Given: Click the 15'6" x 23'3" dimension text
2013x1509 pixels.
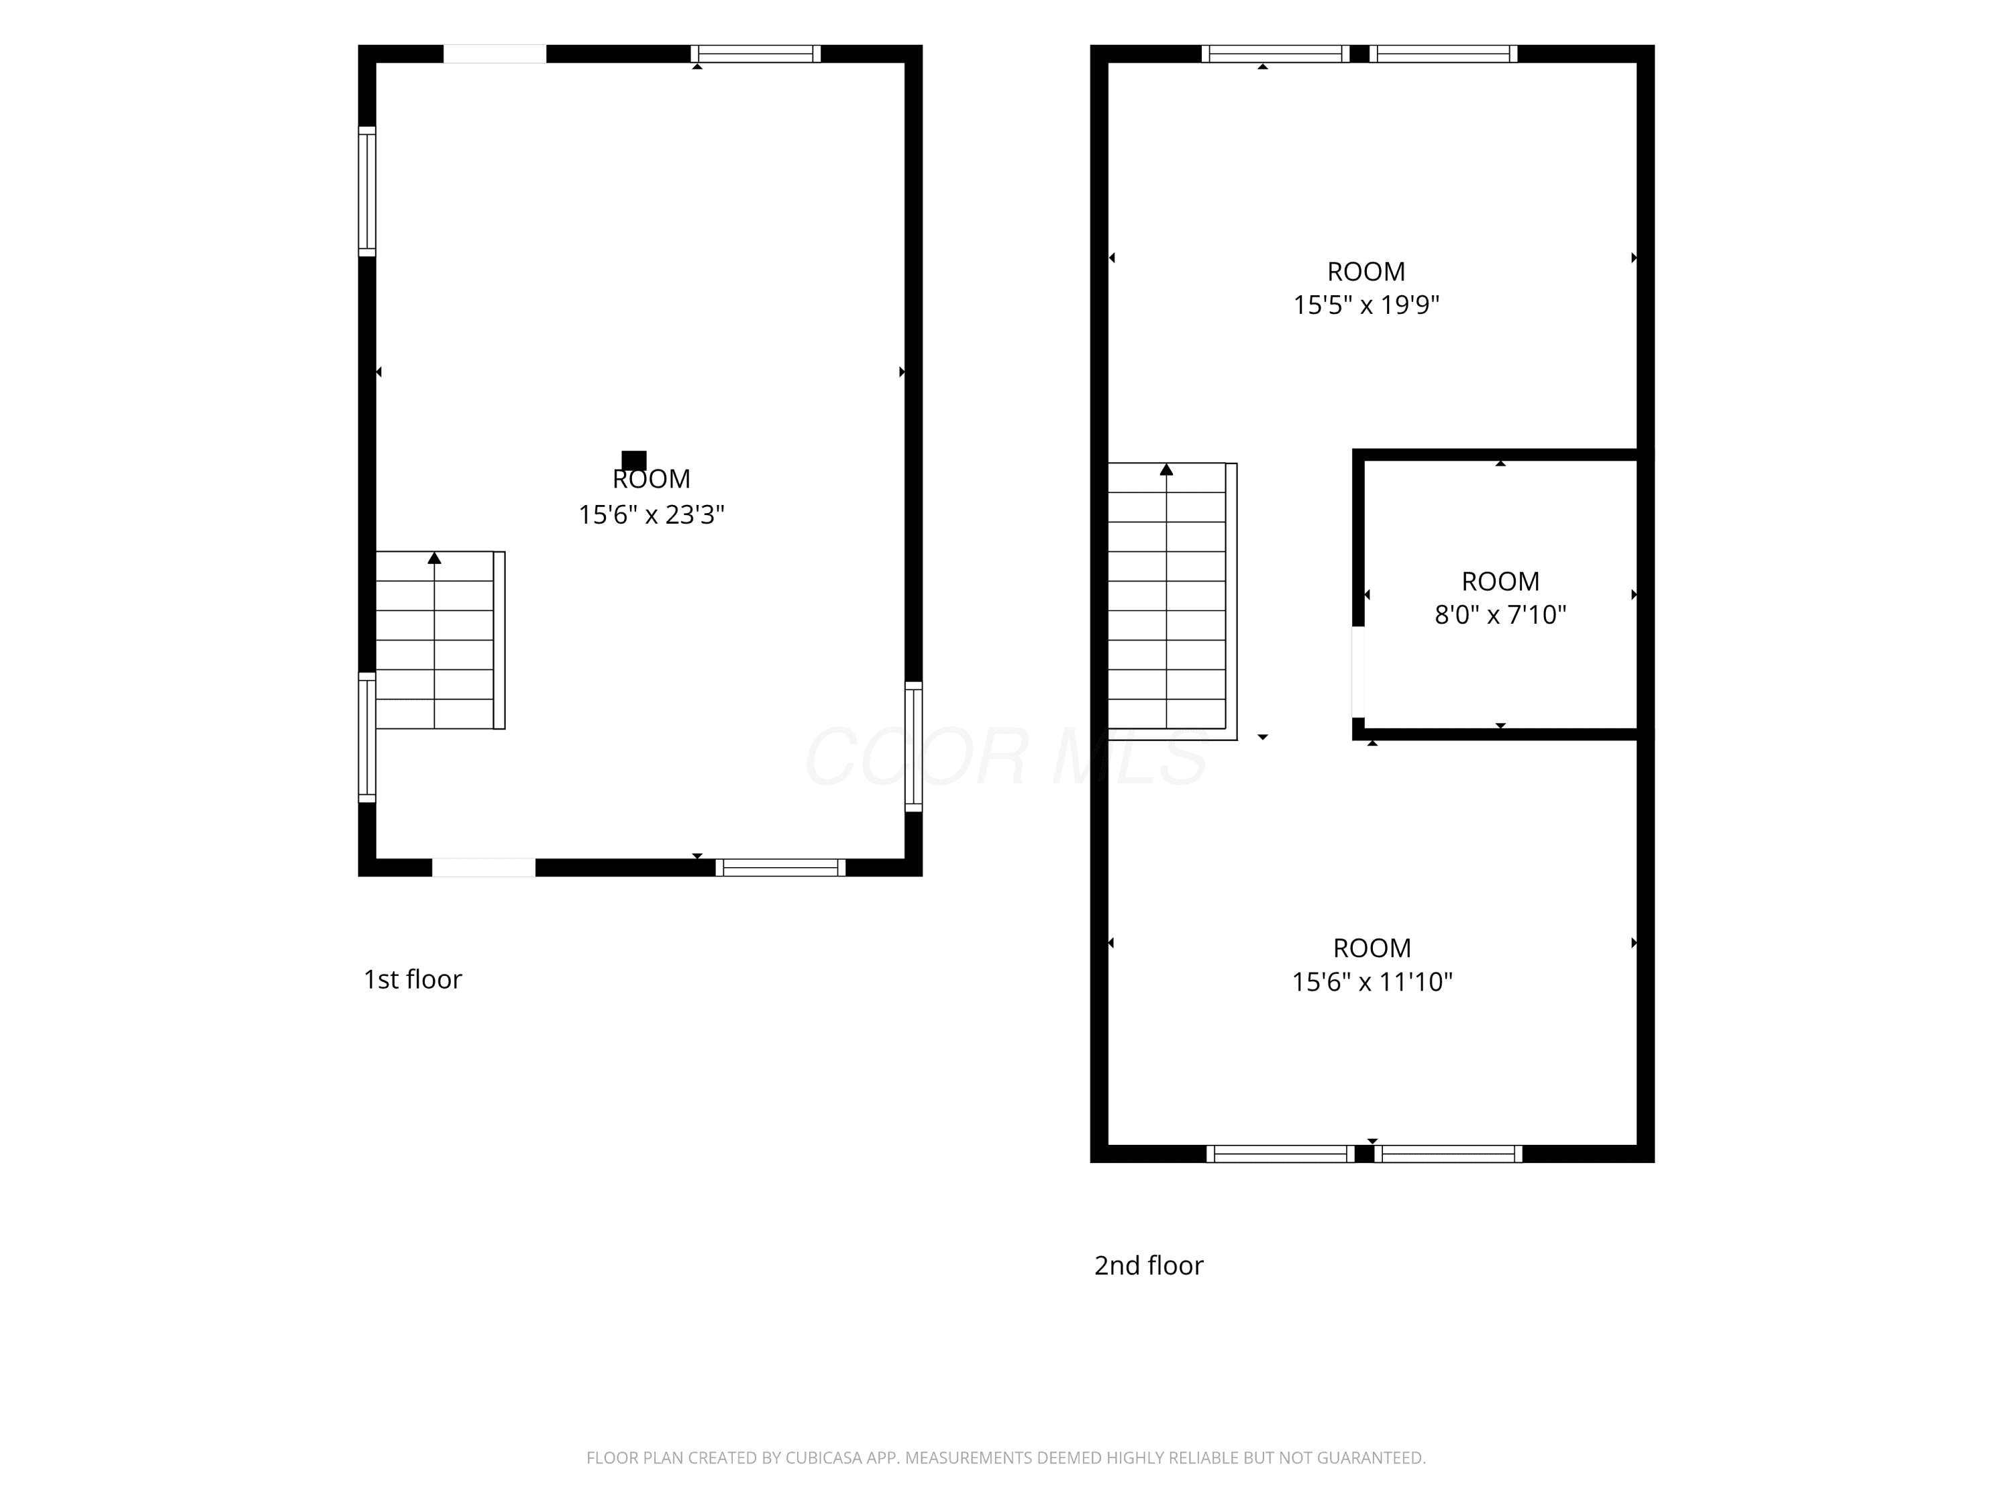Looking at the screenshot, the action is (x=652, y=515).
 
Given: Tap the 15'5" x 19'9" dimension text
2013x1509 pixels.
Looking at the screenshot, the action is (x=1366, y=304).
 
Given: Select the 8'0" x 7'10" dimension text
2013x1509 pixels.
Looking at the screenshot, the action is (x=1500, y=615).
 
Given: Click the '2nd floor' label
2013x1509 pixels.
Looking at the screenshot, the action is (x=1149, y=1266).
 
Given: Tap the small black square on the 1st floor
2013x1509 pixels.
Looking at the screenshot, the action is (x=634, y=460).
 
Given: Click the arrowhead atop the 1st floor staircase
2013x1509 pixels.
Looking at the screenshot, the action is (x=435, y=557).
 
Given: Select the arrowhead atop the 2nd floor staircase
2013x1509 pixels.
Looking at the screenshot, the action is (x=1167, y=469).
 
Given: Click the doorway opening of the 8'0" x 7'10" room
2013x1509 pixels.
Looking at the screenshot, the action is (x=1358, y=672).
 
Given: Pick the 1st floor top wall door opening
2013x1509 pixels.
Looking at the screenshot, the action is (x=495, y=54).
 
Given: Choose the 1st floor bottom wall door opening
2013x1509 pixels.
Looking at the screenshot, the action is (x=483, y=867).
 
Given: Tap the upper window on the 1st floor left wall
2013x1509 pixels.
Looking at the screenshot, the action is (x=367, y=191).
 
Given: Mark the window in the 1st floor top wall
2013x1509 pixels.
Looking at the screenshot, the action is (x=756, y=54).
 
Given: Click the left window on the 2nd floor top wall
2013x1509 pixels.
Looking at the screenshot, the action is (x=1276, y=54).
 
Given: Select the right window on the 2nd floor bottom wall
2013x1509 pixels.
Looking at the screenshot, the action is (x=1448, y=1154).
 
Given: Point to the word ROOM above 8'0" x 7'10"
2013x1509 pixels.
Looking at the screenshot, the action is (x=1500, y=581).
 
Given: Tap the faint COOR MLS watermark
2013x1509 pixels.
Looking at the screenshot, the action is (x=1007, y=757).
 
